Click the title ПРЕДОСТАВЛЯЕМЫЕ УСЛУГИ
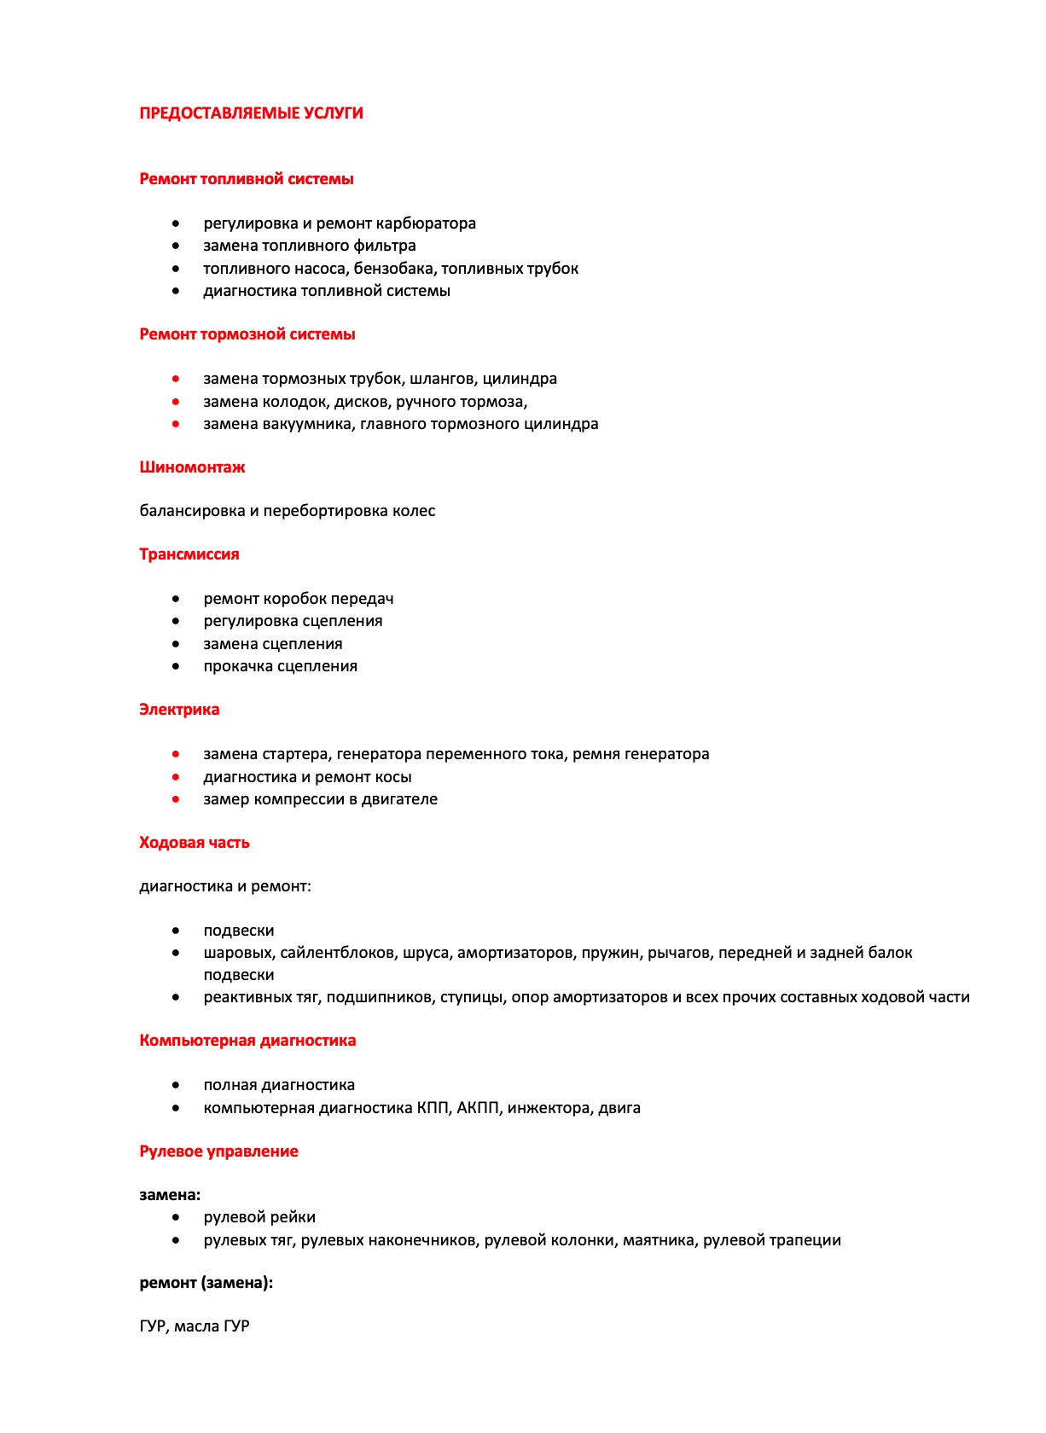tap(251, 113)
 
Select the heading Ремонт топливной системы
tap(246, 179)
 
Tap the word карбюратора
tap(427, 223)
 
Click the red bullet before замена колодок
tap(176, 401)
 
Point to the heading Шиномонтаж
tap(192, 467)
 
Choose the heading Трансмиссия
tap(189, 554)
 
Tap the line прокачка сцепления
tap(280, 666)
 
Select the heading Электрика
tap(179, 710)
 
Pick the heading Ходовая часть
tap(195, 843)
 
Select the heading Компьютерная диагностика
tap(247, 1041)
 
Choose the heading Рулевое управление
tap(218, 1152)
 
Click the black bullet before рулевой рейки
tap(176, 1217)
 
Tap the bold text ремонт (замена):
tap(206, 1283)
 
